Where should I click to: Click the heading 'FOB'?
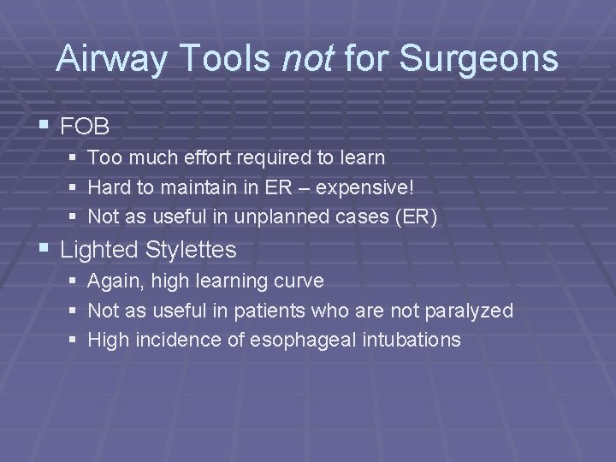tap(86, 127)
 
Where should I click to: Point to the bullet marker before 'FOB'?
tap(44, 127)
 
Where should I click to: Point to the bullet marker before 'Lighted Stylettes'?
tap(44, 250)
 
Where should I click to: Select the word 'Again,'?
tap(115, 281)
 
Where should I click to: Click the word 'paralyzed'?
tap(473, 311)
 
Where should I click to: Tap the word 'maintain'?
tap(188, 188)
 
